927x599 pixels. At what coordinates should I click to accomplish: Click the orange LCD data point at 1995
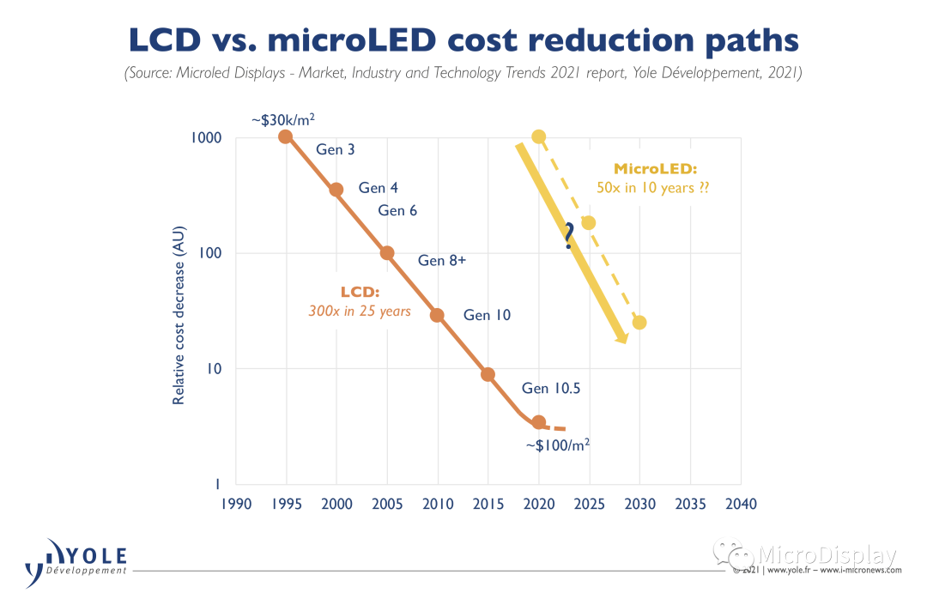click(x=286, y=136)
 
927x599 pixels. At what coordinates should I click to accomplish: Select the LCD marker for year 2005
click(x=387, y=253)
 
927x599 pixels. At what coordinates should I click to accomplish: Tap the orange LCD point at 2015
click(x=488, y=374)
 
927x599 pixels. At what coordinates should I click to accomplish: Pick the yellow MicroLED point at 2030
click(x=639, y=323)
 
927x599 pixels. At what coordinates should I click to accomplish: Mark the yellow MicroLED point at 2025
click(x=589, y=223)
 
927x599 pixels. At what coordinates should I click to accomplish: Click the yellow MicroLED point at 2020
click(x=538, y=136)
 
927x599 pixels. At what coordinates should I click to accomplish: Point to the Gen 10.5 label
click(x=551, y=388)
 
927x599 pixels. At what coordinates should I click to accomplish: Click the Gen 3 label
click(x=336, y=149)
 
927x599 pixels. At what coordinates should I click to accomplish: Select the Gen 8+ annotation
click(x=442, y=261)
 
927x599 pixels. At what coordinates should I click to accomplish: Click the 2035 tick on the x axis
click(x=690, y=504)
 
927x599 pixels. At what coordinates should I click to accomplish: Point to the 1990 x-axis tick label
click(x=235, y=504)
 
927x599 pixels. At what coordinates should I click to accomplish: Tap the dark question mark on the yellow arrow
click(x=568, y=236)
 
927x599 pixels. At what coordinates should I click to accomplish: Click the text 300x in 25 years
click(x=360, y=312)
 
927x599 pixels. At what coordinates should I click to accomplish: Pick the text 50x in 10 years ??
click(x=653, y=188)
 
